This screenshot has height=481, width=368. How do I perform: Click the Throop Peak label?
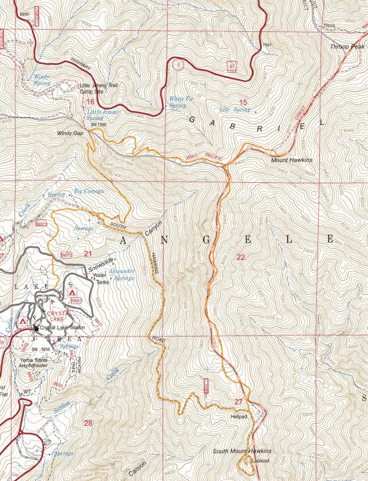[x=348, y=46]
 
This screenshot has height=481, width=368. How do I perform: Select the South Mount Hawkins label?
[x=242, y=451]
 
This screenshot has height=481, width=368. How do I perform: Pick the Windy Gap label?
[x=70, y=133]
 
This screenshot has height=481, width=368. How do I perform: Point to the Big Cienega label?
[x=89, y=190]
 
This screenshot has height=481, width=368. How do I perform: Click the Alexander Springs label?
[x=122, y=274]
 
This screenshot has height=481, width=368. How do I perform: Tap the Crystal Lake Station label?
[x=63, y=328]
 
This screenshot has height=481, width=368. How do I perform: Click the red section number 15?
[x=243, y=103]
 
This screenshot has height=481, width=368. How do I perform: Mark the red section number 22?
[x=241, y=256]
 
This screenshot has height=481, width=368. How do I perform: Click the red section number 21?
[x=88, y=254]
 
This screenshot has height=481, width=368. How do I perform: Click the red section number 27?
[x=239, y=402]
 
